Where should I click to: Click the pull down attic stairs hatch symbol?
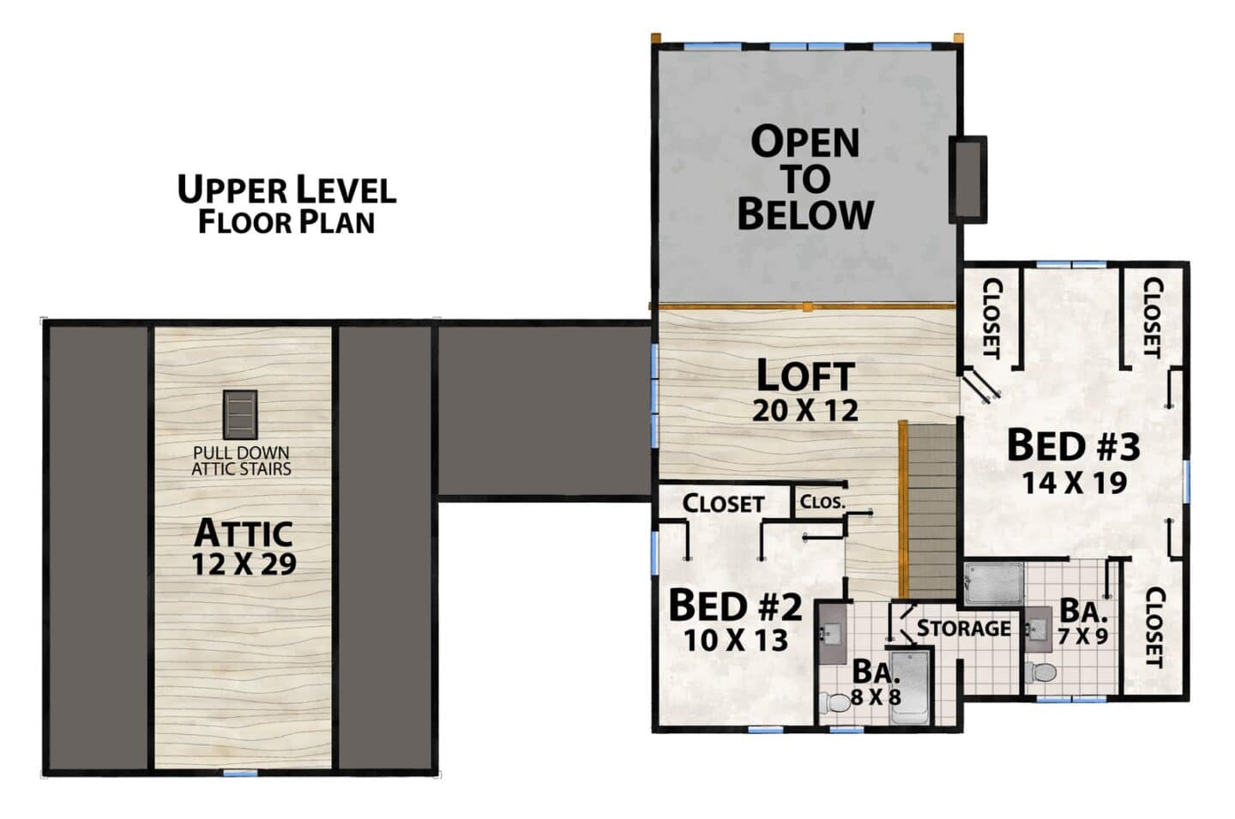(240, 414)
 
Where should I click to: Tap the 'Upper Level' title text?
(286, 189)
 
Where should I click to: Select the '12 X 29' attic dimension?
(244, 563)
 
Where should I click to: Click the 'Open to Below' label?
(805, 178)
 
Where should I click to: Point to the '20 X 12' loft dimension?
(805, 411)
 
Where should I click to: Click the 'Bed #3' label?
(1074, 446)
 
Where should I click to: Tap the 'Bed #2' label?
(736, 605)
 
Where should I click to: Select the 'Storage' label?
(964, 628)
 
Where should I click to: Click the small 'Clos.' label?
(822, 502)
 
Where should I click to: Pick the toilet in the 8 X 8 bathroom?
(834, 703)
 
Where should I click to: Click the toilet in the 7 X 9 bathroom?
(1039, 672)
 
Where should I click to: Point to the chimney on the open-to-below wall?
(968, 179)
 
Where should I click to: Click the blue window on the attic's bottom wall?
(240, 774)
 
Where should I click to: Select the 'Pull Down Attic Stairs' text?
(241, 461)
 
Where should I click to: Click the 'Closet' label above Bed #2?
(723, 503)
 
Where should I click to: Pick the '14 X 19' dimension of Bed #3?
(1075, 483)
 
